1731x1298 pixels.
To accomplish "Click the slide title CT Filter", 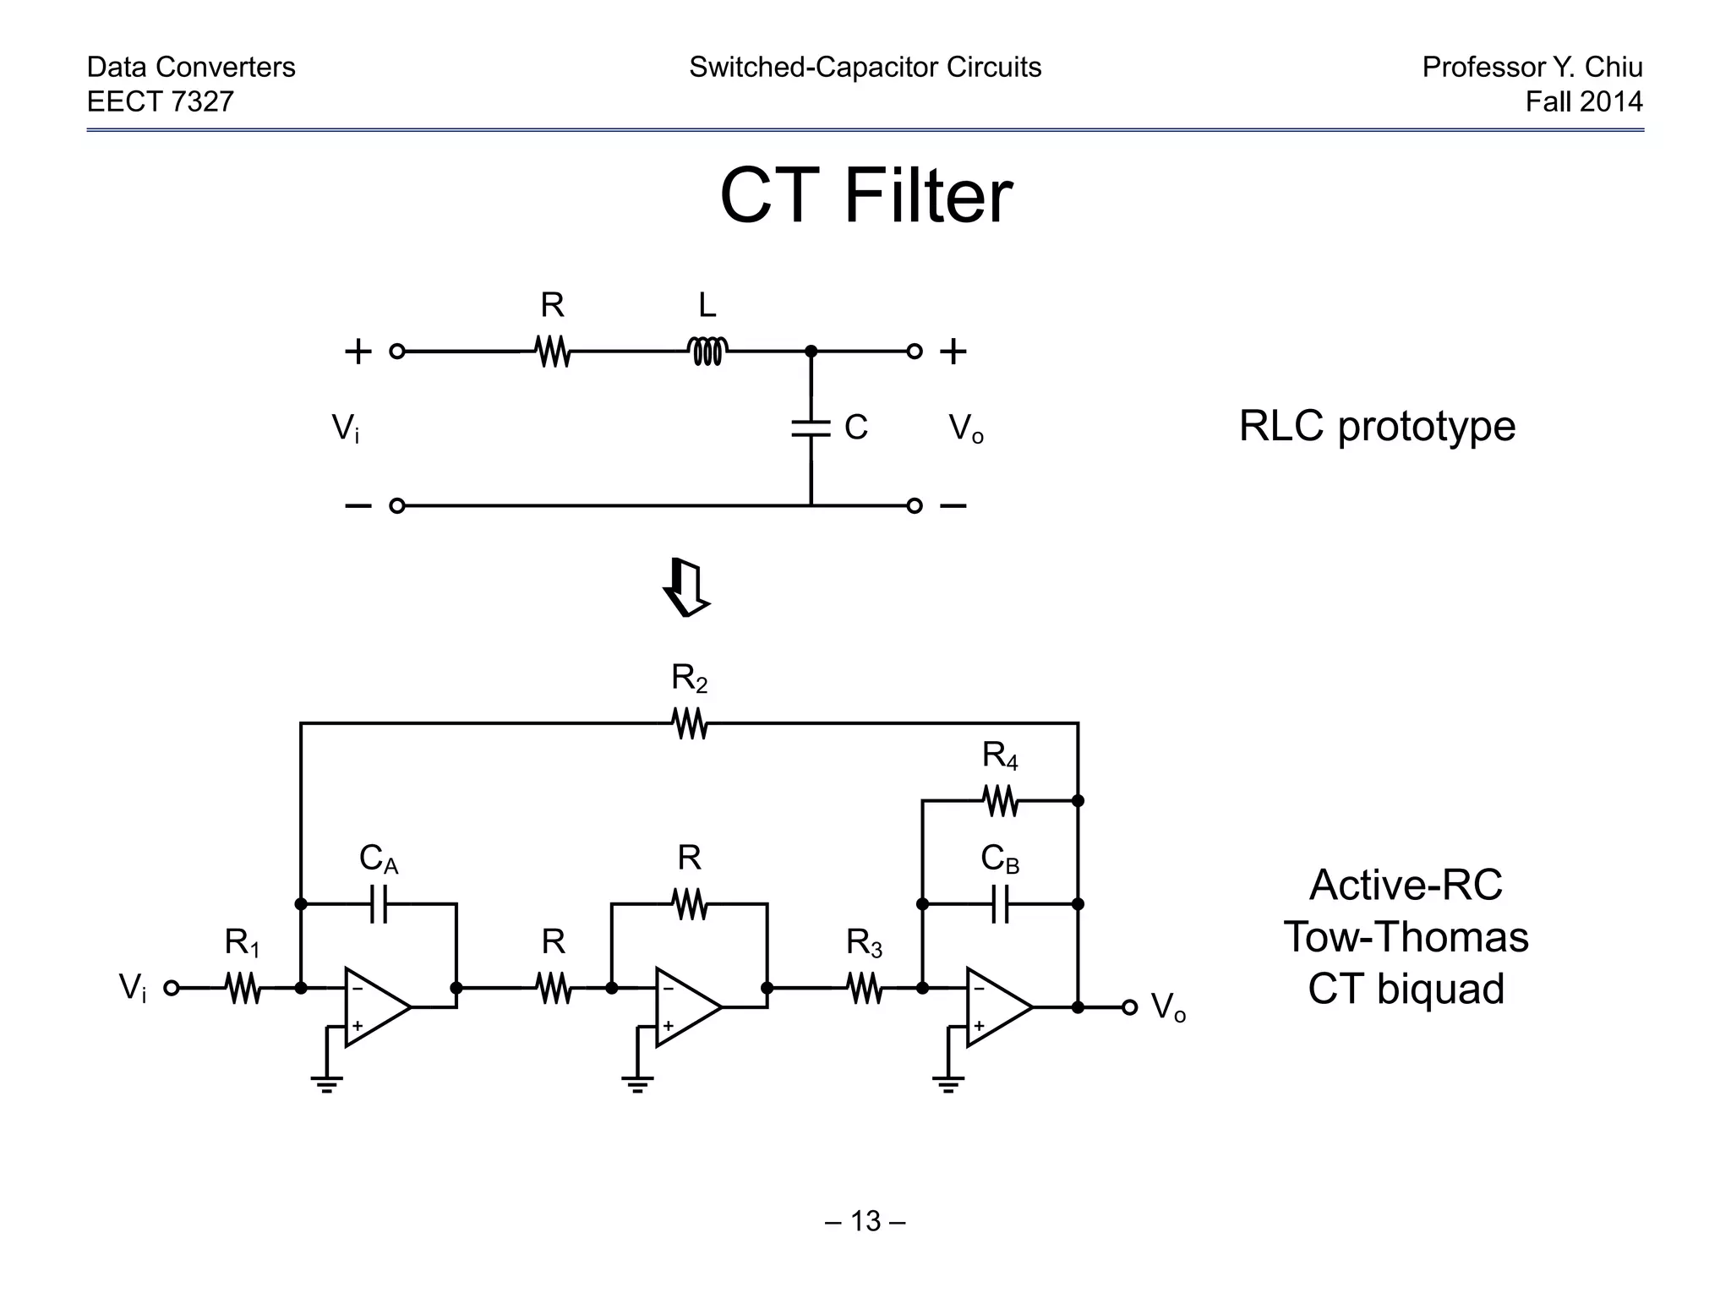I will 865,196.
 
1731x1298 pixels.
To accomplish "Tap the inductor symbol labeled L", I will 707,350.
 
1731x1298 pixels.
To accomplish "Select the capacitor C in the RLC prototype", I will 811,428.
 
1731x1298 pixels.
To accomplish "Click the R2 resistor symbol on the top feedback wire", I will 690,723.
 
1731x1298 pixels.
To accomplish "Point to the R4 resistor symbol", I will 1001,800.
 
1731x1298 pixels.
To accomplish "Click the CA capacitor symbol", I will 379,904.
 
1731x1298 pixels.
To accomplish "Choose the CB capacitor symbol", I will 1000,904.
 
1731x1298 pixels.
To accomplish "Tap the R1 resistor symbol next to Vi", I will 243,987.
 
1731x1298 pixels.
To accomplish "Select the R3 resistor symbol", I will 865,987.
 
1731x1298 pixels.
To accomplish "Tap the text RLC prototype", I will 1377,426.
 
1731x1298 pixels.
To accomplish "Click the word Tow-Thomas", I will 1406,937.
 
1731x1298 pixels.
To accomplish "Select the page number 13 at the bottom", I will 865,1221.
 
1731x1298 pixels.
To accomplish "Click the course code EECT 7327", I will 161,101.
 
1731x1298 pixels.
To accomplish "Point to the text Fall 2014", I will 1583,101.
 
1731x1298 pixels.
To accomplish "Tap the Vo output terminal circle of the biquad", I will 1130,1007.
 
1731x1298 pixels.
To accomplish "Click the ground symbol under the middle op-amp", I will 637,1083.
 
